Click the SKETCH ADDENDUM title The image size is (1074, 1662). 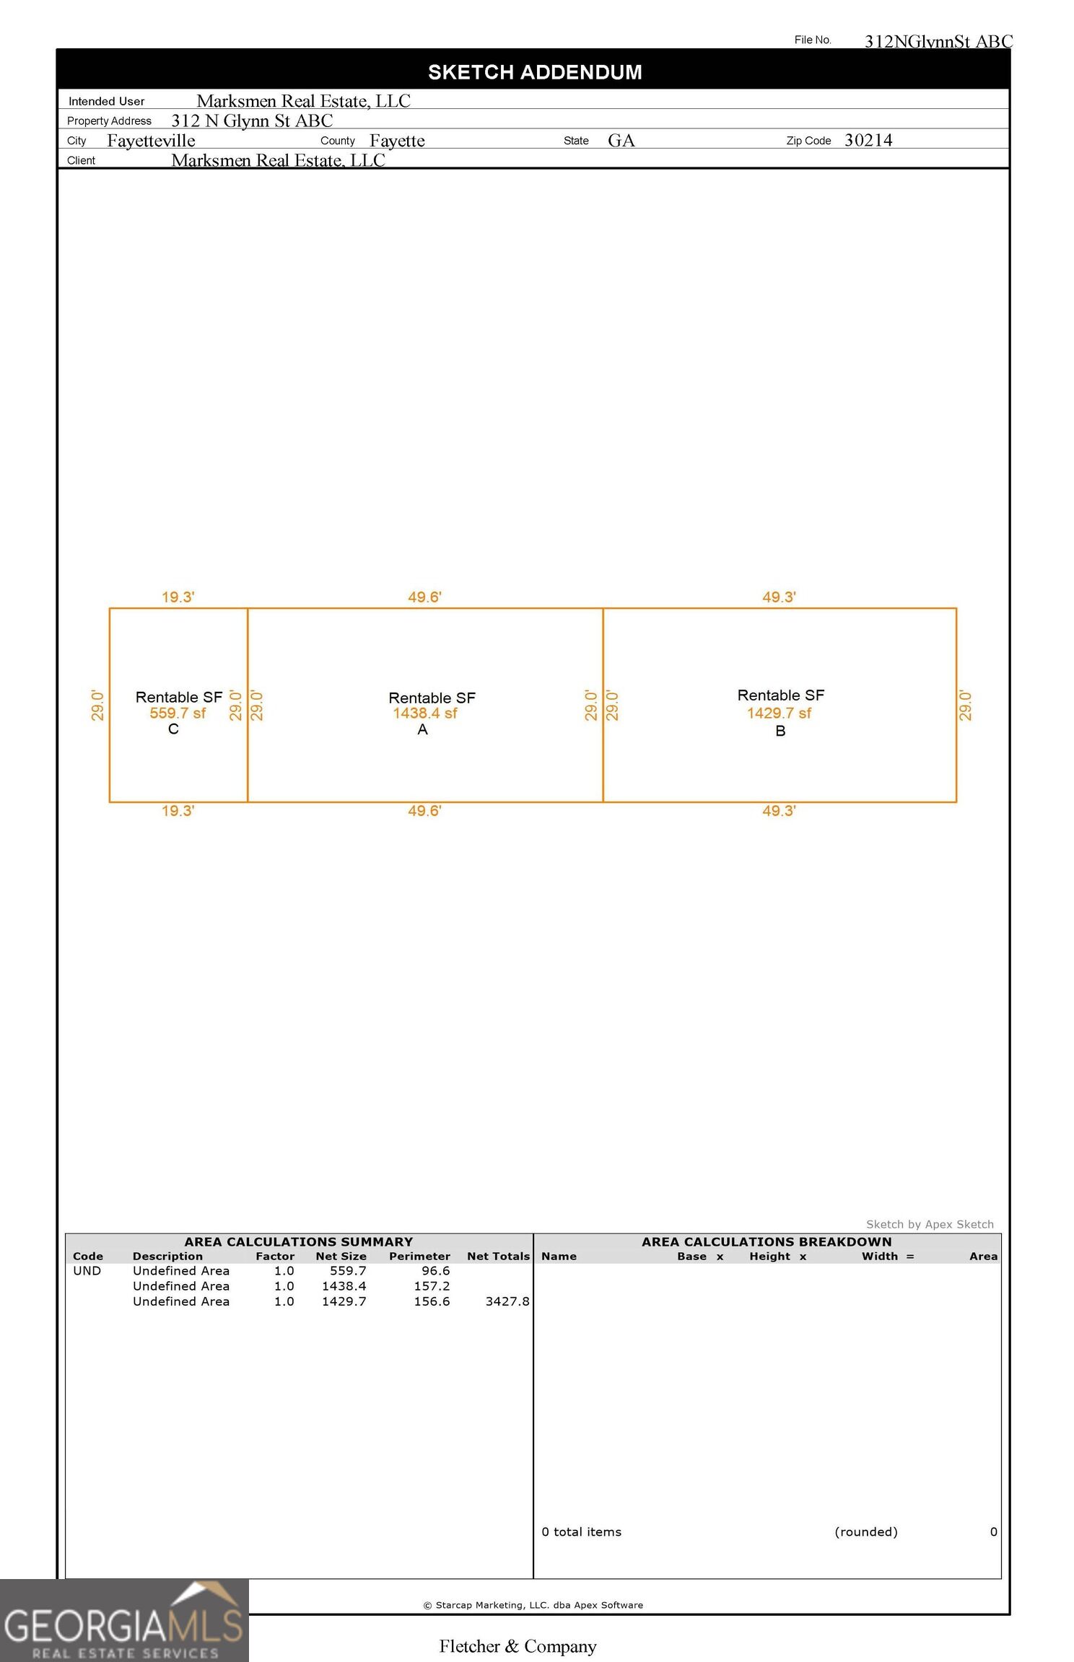click(535, 72)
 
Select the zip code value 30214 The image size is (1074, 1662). click(868, 140)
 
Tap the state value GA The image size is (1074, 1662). click(621, 141)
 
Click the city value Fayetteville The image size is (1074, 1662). click(151, 141)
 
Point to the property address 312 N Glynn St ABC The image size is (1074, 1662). click(252, 120)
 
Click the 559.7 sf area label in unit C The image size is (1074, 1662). click(178, 713)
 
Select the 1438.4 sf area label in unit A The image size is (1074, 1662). click(425, 713)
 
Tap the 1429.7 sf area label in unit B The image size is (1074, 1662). click(779, 713)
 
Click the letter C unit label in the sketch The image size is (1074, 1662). click(173, 729)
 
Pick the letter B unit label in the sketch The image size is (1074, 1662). click(780, 731)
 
